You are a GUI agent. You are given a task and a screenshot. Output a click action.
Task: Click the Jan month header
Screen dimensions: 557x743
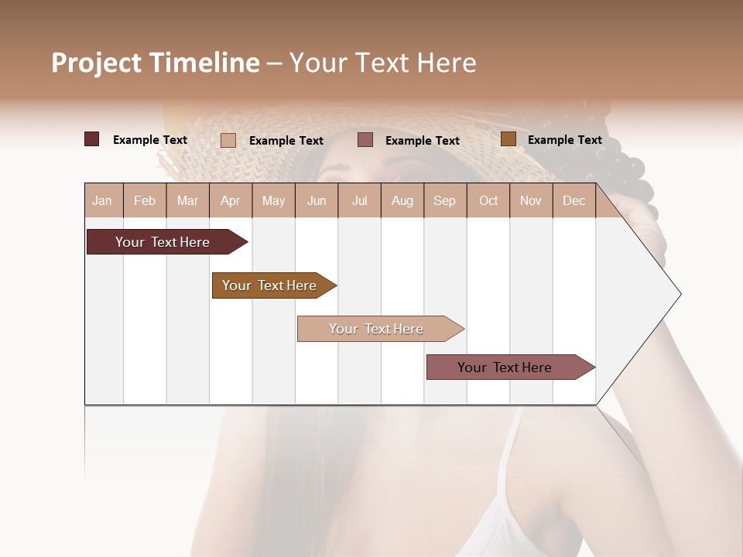(102, 200)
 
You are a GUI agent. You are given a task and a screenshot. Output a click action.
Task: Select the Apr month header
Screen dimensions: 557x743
(231, 200)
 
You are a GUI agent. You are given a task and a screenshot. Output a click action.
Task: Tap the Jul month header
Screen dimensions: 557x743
(359, 200)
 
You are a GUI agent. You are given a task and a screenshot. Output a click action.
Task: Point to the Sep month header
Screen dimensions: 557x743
(444, 200)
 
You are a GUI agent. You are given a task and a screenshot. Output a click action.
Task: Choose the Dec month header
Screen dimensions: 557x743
(574, 200)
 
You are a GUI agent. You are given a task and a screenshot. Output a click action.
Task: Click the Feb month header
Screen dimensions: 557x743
(145, 200)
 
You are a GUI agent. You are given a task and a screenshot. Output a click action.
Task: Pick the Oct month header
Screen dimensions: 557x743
(488, 200)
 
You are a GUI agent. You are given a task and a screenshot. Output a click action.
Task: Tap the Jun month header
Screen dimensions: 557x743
(317, 200)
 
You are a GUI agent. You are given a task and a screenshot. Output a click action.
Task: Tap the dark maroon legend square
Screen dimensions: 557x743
(91, 139)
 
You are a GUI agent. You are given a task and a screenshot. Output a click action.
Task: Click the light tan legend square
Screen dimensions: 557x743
(228, 140)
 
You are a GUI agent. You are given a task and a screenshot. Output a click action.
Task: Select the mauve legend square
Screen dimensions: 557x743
(365, 139)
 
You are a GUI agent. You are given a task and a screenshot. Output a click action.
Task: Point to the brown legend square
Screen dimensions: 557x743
(508, 139)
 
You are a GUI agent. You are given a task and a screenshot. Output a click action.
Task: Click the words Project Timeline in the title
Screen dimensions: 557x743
(156, 63)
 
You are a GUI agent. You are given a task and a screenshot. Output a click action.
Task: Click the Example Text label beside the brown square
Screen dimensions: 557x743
(564, 140)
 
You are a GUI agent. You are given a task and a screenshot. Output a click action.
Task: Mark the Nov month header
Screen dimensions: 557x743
(531, 200)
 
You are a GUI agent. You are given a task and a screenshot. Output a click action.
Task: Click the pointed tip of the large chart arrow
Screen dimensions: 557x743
(680, 294)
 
